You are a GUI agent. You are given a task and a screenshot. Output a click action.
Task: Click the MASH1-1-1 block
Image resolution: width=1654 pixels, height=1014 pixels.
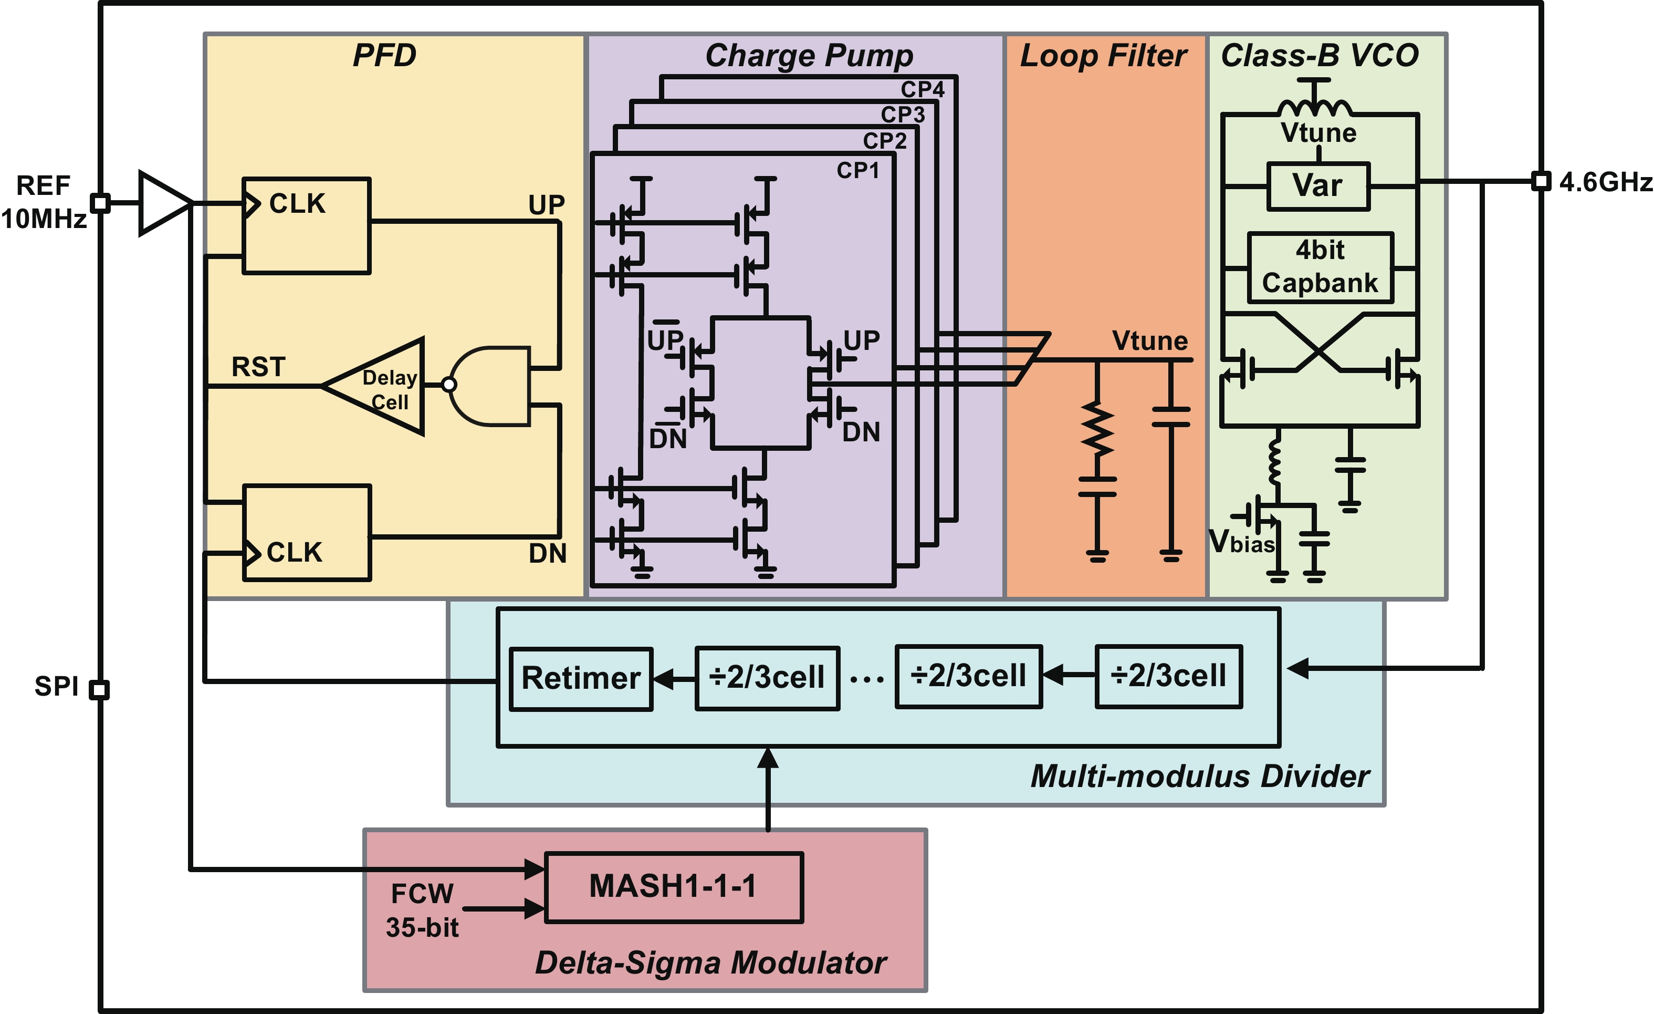tap(673, 887)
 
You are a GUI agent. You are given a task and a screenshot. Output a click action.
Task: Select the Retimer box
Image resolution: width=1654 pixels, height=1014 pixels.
tap(581, 678)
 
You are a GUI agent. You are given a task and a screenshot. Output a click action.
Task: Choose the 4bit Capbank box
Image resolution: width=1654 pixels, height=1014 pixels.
tap(1320, 267)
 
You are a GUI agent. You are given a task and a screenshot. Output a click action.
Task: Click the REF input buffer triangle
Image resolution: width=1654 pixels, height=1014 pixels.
tap(162, 203)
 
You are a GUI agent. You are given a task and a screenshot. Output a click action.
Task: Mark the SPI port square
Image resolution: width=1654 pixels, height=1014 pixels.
tap(99, 689)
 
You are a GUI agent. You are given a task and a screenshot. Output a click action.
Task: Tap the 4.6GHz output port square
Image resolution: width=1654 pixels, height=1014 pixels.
tap(1541, 181)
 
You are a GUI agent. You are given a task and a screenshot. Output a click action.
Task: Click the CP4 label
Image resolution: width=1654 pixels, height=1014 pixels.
tap(923, 89)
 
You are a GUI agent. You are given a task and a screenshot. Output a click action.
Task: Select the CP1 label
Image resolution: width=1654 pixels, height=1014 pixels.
tap(857, 171)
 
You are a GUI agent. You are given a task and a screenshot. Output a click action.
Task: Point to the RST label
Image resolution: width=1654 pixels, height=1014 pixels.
tap(258, 367)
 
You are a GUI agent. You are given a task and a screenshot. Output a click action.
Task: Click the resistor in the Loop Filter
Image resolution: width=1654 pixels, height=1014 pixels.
tap(1097, 428)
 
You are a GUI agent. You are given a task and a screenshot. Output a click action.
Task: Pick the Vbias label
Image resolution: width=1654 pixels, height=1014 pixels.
tap(1241, 541)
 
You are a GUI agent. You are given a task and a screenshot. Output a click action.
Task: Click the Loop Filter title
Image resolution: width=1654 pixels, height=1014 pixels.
tap(1103, 56)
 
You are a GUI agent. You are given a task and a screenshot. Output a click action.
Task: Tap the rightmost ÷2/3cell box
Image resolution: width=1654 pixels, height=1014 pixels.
tap(1168, 676)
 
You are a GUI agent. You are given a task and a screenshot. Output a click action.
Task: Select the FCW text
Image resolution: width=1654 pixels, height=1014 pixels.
tap(422, 894)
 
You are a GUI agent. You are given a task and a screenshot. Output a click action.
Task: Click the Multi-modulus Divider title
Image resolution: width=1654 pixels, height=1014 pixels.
tap(1200, 777)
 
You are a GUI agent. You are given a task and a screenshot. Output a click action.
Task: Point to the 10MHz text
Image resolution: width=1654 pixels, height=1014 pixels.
tap(44, 219)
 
